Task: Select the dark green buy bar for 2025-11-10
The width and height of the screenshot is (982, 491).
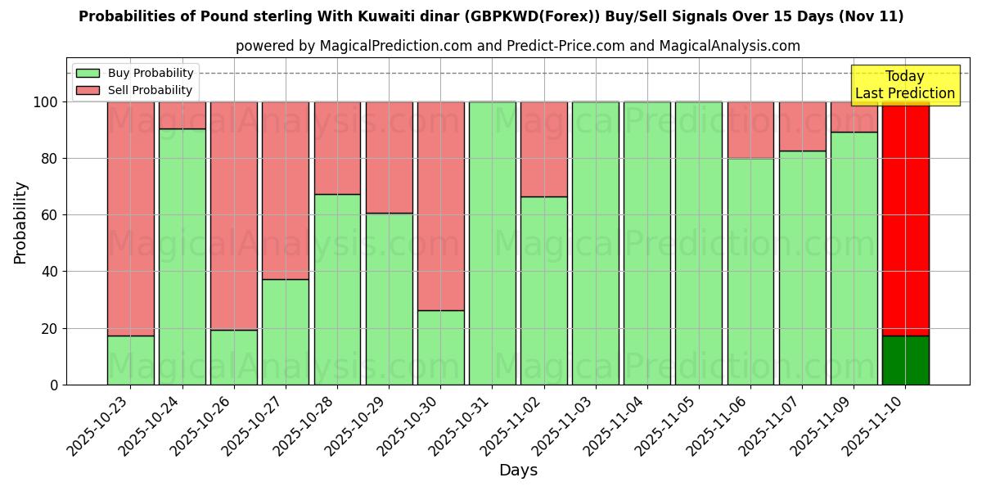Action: click(905, 360)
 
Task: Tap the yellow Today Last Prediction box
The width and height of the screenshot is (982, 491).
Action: click(904, 85)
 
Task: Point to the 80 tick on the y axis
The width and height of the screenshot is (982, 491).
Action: click(51, 159)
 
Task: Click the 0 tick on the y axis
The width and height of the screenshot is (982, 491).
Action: click(55, 385)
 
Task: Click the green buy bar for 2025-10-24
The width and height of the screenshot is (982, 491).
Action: click(182, 256)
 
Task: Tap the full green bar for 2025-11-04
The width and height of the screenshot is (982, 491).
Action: click(646, 243)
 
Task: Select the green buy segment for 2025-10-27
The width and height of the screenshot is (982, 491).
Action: click(285, 331)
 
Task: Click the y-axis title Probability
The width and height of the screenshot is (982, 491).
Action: click(20, 223)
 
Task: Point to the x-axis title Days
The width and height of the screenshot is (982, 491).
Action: click(518, 471)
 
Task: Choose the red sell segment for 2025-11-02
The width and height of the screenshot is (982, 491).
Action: click(543, 149)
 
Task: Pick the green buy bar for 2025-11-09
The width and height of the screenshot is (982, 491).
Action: click(854, 258)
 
